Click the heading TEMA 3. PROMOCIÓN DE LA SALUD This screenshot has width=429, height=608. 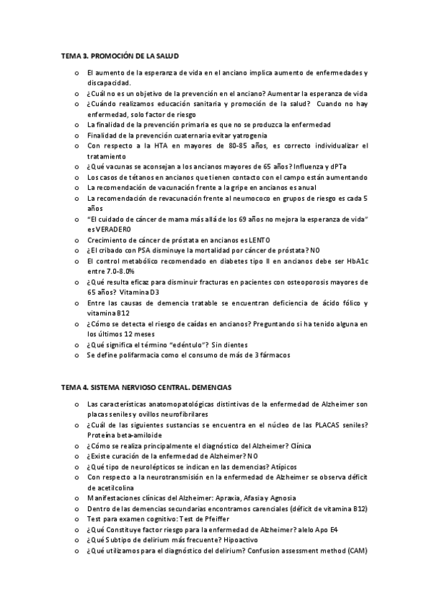(x=120, y=55)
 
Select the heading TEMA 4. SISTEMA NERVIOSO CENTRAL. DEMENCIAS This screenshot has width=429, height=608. (x=151, y=387)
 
